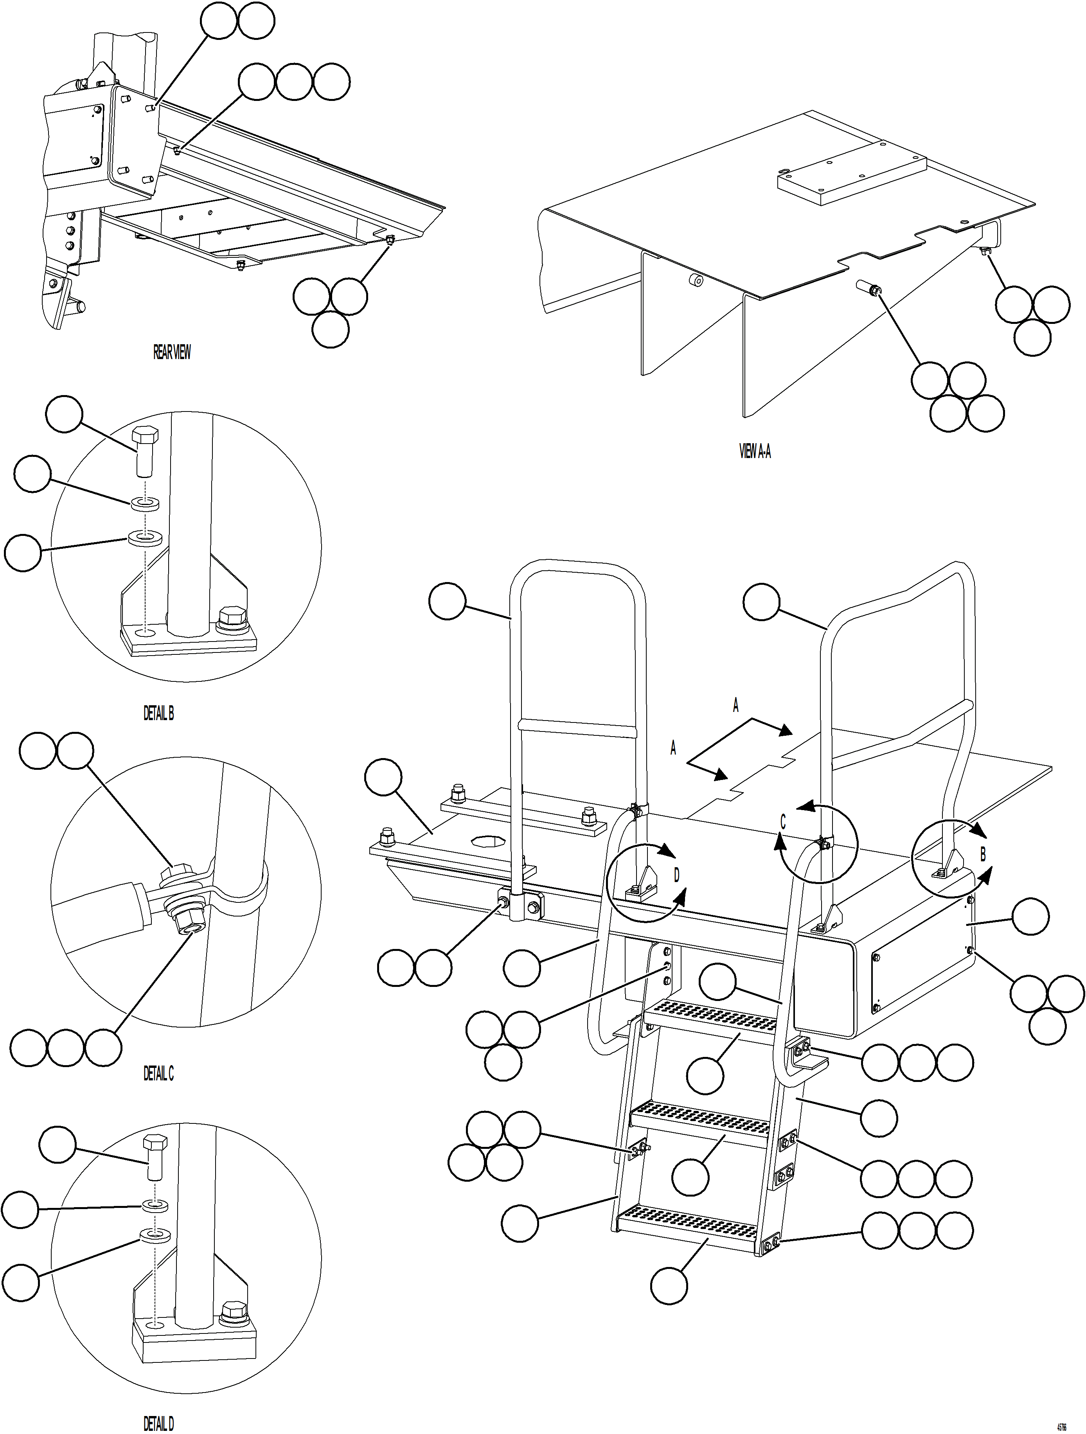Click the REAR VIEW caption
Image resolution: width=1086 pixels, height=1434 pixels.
click(172, 352)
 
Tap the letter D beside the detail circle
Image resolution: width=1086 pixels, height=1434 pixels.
click(676, 875)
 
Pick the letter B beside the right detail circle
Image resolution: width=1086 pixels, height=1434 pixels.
click(982, 854)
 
